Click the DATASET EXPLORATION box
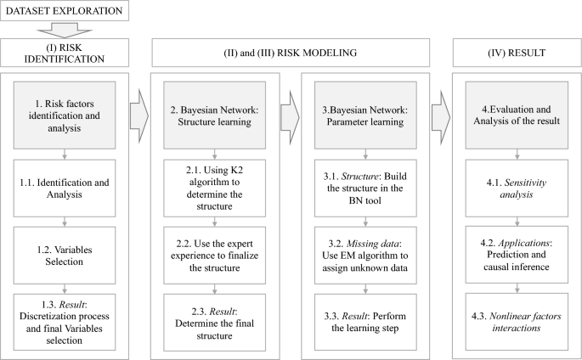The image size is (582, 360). coord(65,12)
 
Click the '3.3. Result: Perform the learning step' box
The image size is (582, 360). coord(366,321)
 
